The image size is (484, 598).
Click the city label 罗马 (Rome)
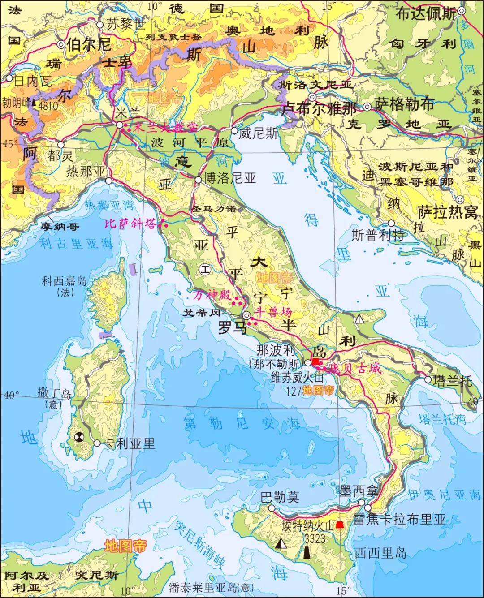coord(232,328)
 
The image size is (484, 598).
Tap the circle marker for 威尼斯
coord(234,130)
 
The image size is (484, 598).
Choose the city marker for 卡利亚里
coord(97,443)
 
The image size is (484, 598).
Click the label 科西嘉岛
coord(64,281)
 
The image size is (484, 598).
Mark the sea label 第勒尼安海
coord(241,423)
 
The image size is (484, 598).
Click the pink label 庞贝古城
coord(354,369)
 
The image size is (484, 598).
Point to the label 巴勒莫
coord(281,497)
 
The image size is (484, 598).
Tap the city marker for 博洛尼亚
coord(198,180)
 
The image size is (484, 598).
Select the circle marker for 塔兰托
coord(428,380)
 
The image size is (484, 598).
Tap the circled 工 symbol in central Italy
coord(205,270)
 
